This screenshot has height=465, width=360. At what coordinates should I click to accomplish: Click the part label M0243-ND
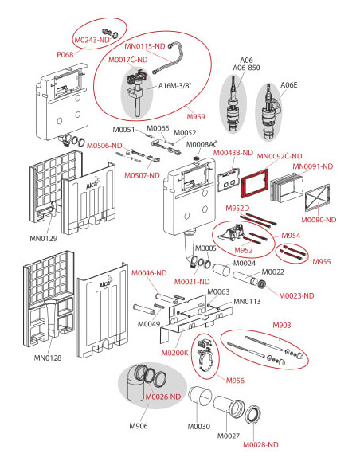[x=92, y=40]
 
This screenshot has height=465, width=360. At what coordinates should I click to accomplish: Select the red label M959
[x=196, y=116]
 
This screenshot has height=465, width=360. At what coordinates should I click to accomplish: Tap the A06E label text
[x=289, y=85]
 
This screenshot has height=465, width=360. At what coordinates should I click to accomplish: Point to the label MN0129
[x=43, y=238]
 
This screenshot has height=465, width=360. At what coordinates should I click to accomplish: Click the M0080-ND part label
[x=319, y=220]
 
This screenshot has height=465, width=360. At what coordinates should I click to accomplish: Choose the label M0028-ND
[x=260, y=444]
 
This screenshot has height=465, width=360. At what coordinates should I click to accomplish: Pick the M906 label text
[x=139, y=426]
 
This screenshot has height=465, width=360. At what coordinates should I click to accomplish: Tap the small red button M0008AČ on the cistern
[x=196, y=158]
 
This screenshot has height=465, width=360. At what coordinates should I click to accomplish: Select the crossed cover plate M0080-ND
[x=317, y=197]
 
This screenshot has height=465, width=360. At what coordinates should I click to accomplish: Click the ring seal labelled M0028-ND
[x=253, y=413]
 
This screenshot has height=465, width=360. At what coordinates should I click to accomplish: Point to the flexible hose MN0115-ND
[x=170, y=58]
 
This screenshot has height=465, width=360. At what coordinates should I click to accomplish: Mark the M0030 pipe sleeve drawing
[x=201, y=397]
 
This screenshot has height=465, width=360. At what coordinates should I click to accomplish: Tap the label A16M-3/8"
[x=175, y=86]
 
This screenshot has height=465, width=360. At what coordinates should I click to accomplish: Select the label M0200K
[x=174, y=353]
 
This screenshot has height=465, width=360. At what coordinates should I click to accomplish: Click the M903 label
[x=282, y=325]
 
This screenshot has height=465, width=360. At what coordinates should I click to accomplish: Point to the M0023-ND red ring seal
[x=262, y=284]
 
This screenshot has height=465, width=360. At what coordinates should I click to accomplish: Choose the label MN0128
[x=48, y=358]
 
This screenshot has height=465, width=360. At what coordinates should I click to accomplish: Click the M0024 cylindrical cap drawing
[x=221, y=269]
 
